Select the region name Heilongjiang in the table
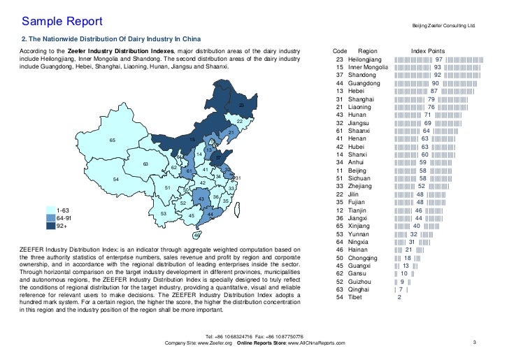coord(366,60)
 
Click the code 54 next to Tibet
coord(340,297)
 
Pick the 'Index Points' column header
coord(428,52)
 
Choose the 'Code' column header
coord(340,52)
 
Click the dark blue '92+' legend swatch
coord(50,226)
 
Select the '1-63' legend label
coord(62,210)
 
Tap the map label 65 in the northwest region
coord(113,141)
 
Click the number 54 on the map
coord(116,180)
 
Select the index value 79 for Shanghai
coord(431,99)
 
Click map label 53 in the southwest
coord(164,213)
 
